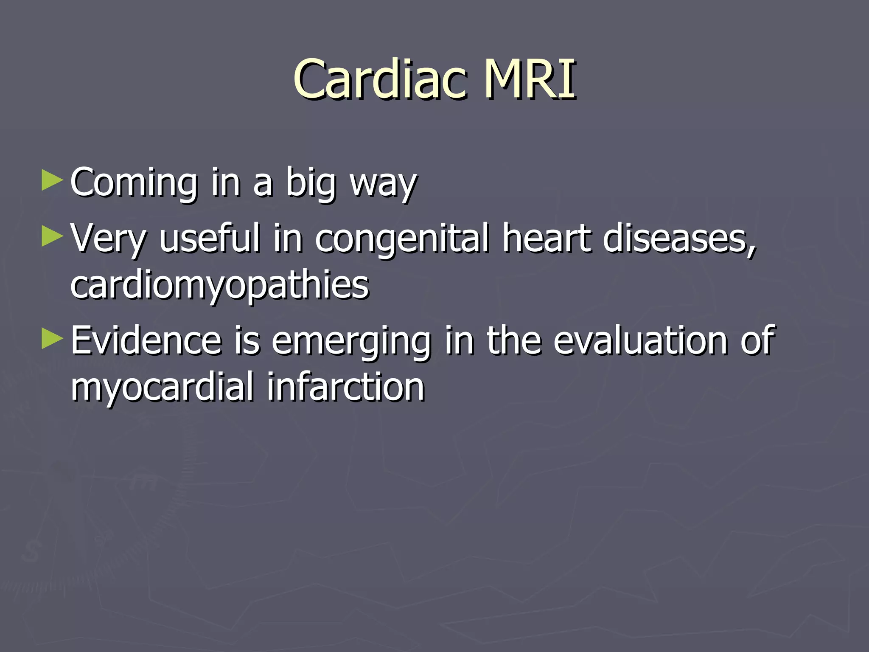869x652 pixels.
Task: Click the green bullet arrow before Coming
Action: (53, 180)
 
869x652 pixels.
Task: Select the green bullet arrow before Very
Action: (53, 236)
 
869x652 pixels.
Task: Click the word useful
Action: (209, 238)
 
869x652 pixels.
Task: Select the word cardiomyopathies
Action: (219, 286)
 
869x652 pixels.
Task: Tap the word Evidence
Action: (146, 340)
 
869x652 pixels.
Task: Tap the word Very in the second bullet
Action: (108, 239)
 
